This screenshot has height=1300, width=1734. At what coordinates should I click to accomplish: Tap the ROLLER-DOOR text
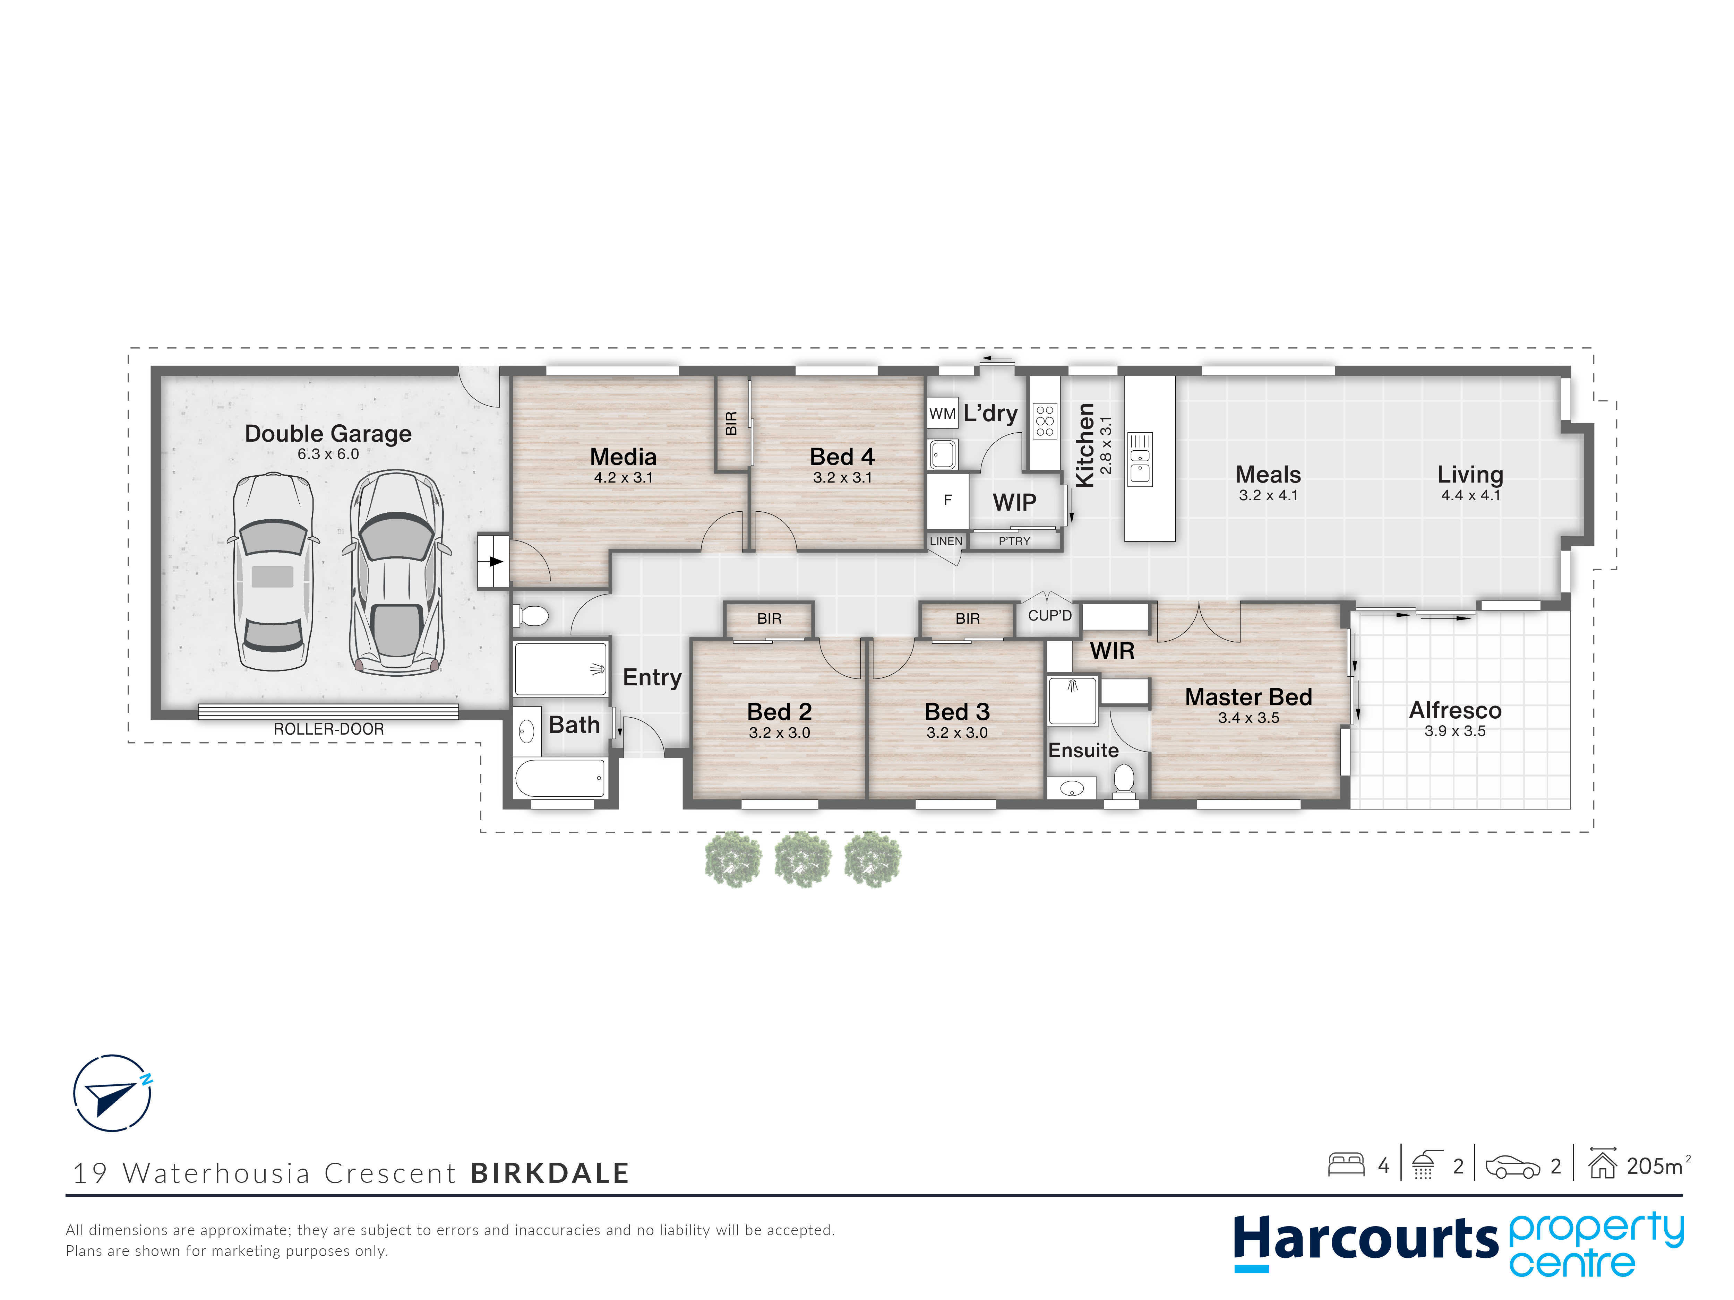pos(328,729)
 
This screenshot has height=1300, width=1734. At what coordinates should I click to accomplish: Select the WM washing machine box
pos(942,414)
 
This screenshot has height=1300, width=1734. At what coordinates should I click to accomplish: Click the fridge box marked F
pos(948,500)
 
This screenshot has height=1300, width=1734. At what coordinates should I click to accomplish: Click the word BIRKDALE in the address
pos(550,1173)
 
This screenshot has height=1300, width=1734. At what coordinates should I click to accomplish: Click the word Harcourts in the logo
pos(1366,1240)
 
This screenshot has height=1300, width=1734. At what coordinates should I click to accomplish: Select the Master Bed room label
pos(1248,696)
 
